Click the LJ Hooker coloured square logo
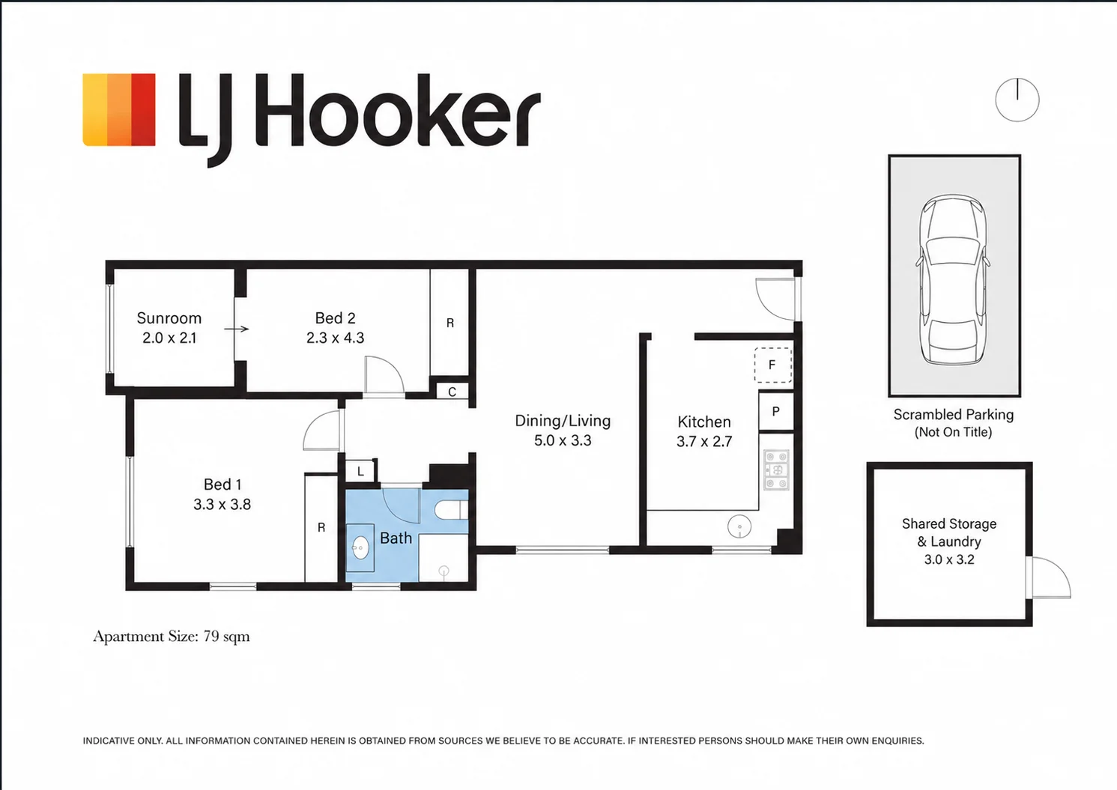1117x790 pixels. [118, 109]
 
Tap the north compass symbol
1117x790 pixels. [1017, 100]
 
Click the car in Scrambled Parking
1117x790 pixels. [953, 279]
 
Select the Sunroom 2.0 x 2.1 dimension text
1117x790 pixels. [169, 338]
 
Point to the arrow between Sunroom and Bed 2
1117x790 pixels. [237, 329]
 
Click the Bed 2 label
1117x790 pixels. [335, 318]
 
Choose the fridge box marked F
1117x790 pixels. [772, 365]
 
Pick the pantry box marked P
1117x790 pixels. [776, 411]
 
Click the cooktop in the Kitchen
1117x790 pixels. [777, 470]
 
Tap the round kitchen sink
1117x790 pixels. [739, 526]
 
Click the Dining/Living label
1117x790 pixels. [563, 421]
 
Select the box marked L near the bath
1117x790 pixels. [360, 470]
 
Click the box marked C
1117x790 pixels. [452, 392]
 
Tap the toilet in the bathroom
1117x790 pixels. [451, 510]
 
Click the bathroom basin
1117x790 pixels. [360, 548]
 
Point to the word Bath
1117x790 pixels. [396, 538]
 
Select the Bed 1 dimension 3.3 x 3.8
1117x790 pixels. [222, 505]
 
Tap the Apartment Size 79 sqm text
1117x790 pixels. [172, 636]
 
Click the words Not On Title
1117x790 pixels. [953, 432]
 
